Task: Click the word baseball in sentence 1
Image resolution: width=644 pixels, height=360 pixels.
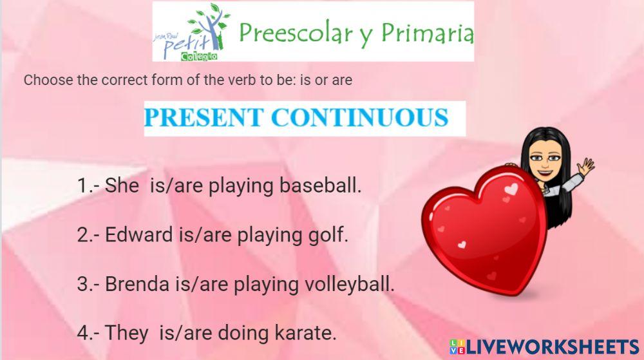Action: coord(319,186)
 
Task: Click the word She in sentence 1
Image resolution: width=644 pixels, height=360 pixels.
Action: coord(122,186)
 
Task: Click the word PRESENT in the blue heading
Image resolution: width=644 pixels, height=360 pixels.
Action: coord(203,118)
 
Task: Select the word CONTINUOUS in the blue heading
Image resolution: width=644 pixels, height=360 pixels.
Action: coord(359,118)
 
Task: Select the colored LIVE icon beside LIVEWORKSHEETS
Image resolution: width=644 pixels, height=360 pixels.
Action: coord(457,346)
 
